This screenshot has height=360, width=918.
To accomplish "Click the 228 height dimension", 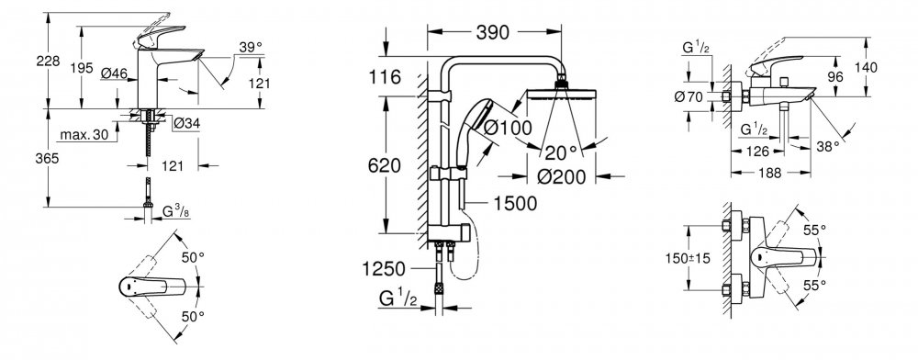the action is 48,61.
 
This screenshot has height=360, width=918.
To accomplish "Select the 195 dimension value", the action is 82,68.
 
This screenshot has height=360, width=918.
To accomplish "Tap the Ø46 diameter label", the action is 114,73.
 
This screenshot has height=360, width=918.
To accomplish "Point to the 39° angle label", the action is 250,48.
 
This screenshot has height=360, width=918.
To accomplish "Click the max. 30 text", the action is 84,135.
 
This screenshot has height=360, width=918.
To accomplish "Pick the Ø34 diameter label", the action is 186,123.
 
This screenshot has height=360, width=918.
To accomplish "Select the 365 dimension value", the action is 48,159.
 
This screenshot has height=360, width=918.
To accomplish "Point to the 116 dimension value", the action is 385,76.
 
